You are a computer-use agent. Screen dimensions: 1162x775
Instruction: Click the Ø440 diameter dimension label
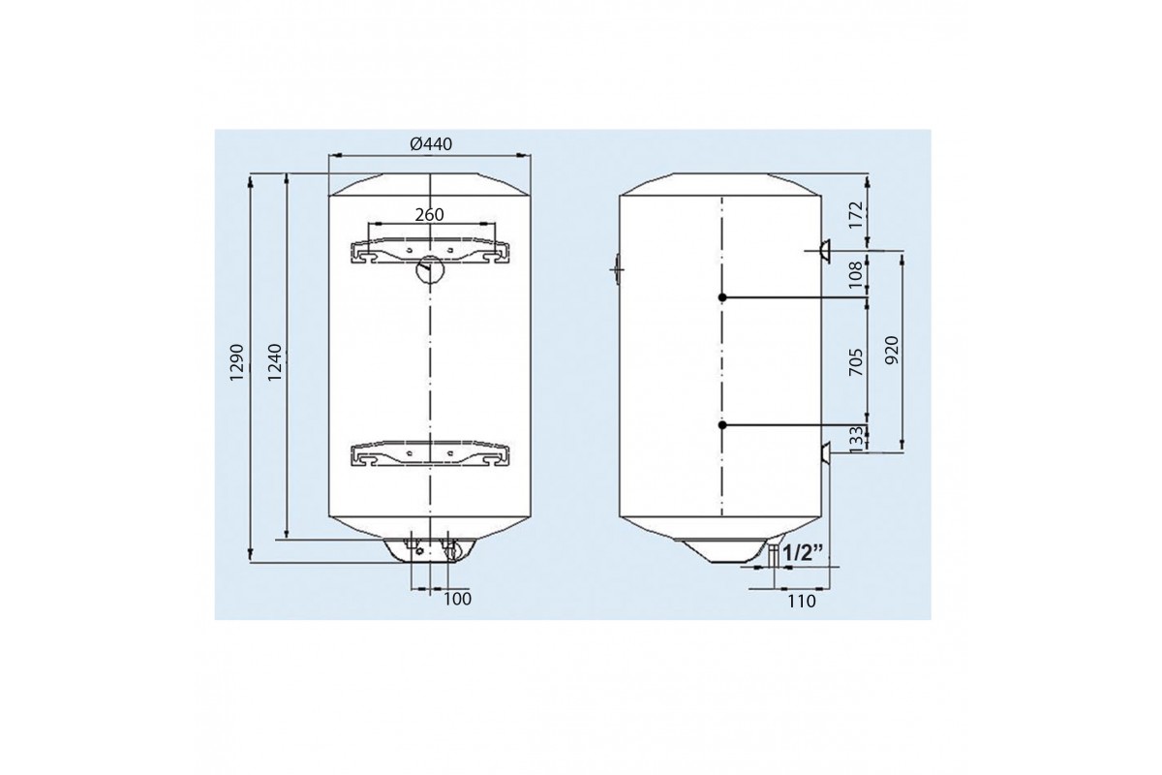[431, 143]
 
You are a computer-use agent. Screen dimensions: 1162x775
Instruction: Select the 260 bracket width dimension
[430, 214]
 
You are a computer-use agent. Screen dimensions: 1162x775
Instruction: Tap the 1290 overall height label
[237, 361]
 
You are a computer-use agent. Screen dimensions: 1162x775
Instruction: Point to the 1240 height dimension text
[274, 361]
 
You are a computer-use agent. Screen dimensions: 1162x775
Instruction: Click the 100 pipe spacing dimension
[457, 599]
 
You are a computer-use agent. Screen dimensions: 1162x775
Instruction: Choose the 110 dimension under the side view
[802, 601]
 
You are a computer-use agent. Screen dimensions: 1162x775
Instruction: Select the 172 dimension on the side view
[857, 214]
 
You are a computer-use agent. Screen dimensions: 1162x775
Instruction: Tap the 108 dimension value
[857, 274]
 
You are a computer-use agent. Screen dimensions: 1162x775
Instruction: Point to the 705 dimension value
[857, 361]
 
